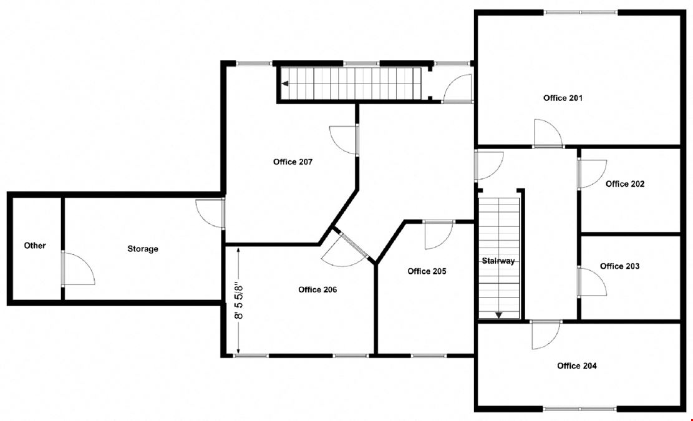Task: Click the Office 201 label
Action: click(563, 98)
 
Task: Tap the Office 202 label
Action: click(624, 184)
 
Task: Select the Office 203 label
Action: click(619, 266)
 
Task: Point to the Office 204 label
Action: click(576, 366)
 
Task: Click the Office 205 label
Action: click(427, 271)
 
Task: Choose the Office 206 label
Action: click(317, 289)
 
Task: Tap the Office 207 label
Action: click(293, 162)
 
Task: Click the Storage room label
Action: click(143, 249)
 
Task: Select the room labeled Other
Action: click(35, 246)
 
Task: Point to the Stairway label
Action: click(498, 261)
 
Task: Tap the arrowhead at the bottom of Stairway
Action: click(498, 316)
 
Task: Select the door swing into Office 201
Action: click(547, 133)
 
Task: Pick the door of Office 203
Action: click(591, 283)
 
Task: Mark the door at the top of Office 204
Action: click(545, 335)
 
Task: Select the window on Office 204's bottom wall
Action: click(580, 409)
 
